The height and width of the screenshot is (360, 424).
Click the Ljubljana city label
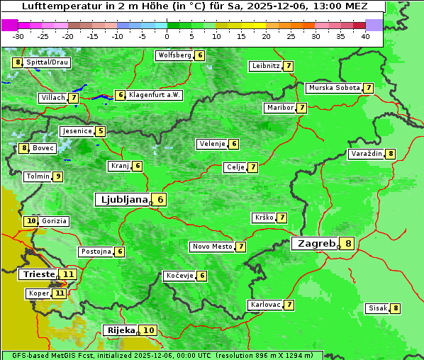(x=122, y=200)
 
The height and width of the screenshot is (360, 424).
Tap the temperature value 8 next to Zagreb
(x=348, y=244)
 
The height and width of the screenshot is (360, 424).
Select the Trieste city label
(x=38, y=274)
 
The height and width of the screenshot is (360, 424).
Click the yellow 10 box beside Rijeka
(x=149, y=330)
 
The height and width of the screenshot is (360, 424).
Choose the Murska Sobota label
(x=333, y=88)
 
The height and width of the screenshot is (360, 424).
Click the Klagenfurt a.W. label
(x=155, y=95)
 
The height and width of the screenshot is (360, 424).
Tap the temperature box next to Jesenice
(x=101, y=131)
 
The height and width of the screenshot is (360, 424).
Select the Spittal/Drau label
(x=48, y=62)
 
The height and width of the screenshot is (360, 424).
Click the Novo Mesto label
(x=212, y=247)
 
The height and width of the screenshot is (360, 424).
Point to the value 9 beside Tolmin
(x=58, y=176)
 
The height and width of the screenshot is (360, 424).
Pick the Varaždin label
(x=367, y=154)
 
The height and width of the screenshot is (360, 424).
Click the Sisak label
(x=377, y=308)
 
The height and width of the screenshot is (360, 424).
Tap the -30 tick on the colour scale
(x=19, y=35)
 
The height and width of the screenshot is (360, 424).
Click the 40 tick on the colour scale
(x=365, y=35)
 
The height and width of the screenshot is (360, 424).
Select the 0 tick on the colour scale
(x=167, y=35)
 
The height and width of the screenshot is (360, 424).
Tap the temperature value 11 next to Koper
(x=59, y=293)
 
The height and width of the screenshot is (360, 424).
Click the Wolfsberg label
(x=174, y=55)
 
